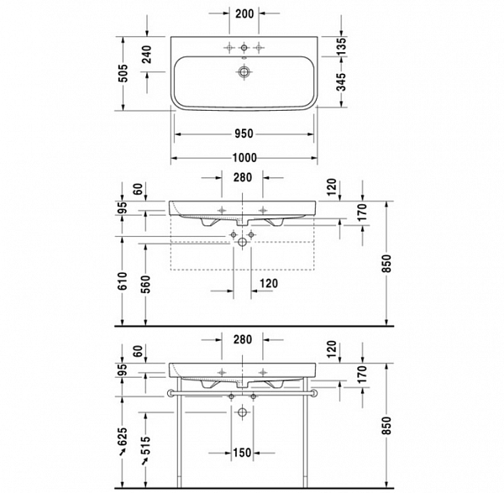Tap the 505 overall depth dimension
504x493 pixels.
point(123,75)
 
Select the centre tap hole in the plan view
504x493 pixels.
point(244,45)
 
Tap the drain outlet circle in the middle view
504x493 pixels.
point(243,242)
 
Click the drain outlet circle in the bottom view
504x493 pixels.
point(243,412)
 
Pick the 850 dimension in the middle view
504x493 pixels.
point(386,265)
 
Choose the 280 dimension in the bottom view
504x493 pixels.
point(243,339)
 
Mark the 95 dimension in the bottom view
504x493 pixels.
point(123,370)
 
